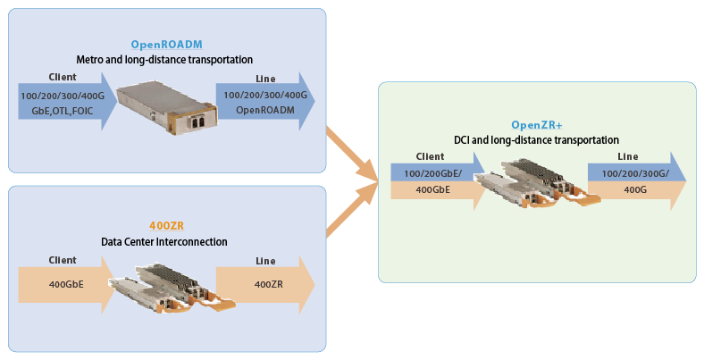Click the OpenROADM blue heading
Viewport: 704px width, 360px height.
(166, 45)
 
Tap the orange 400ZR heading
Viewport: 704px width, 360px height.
(166, 226)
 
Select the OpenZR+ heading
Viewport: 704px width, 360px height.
(537, 125)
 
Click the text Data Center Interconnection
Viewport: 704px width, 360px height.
(164, 242)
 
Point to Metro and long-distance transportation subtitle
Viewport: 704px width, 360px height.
(164, 60)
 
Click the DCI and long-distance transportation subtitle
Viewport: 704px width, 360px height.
(537, 140)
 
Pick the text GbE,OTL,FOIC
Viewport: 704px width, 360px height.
(63, 111)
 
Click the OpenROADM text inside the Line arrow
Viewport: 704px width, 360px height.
(265, 110)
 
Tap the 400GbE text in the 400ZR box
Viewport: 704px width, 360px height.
(66, 284)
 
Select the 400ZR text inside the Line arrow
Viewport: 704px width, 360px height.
(269, 284)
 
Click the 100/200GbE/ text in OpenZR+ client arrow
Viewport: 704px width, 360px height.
(432, 173)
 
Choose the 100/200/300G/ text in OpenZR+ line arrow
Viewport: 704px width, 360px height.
(635, 173)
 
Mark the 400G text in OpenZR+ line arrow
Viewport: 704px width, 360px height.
(635, 190)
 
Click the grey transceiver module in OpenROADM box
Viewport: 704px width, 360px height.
(167, 106)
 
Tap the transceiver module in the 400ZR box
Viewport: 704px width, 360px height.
(172, 288)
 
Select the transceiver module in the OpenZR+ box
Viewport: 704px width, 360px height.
(537, 183)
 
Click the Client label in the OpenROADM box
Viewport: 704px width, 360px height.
(63, 77)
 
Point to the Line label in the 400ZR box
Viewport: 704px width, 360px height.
(265, 261)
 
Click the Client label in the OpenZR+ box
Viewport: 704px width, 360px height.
(430, 156)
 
